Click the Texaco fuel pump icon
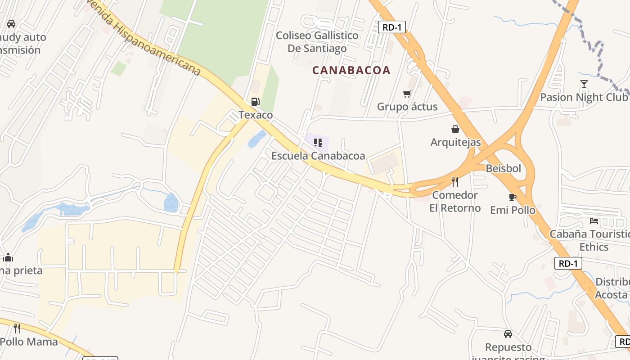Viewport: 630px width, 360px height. [x=256, y=102]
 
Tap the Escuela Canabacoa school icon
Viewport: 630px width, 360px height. [x=318, y=143]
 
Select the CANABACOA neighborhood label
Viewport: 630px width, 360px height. [x=351, y=70]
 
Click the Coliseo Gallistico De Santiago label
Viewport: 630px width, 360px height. [x=317, y=42]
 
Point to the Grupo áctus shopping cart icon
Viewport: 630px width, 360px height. [x=407, y=94]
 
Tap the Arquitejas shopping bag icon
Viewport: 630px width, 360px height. [x=455, y=129]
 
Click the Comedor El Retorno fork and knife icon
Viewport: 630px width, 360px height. [x=455, y=182]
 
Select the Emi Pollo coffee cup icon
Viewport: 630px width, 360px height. [x=512, y=197]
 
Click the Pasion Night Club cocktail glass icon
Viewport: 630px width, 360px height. [x=584, y=84]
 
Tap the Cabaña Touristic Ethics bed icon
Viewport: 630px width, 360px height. [x=594, y=221]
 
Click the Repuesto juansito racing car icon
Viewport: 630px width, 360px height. [x=508, y=334]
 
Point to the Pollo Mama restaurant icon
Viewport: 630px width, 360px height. [x=17, y=328]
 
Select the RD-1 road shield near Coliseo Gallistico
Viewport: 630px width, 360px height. [x=391, y=27]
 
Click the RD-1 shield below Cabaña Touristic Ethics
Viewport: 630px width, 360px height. [x=568, y=263]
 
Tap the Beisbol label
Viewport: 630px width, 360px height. [x=503, y=169]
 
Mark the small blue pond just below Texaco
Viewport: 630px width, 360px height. [x=256, y=139]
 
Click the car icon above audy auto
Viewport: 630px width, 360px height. [x=11, y=24]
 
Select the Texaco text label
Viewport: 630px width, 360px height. [x=256, y=115]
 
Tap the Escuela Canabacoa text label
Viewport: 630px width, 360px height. [x=318, y=156]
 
